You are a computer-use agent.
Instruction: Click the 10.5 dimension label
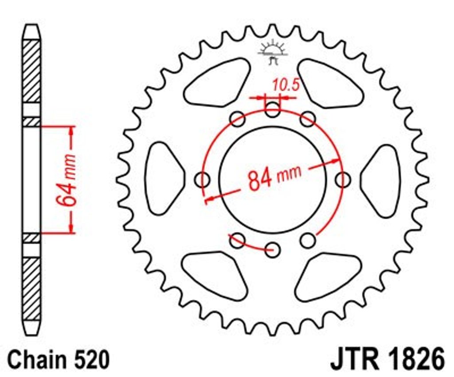[285, 85]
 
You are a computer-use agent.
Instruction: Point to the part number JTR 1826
[387, 359]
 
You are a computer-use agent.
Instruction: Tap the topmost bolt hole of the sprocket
[273, 109]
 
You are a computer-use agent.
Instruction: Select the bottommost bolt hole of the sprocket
[273, 249]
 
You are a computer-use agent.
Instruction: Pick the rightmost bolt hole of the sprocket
[343, 180]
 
